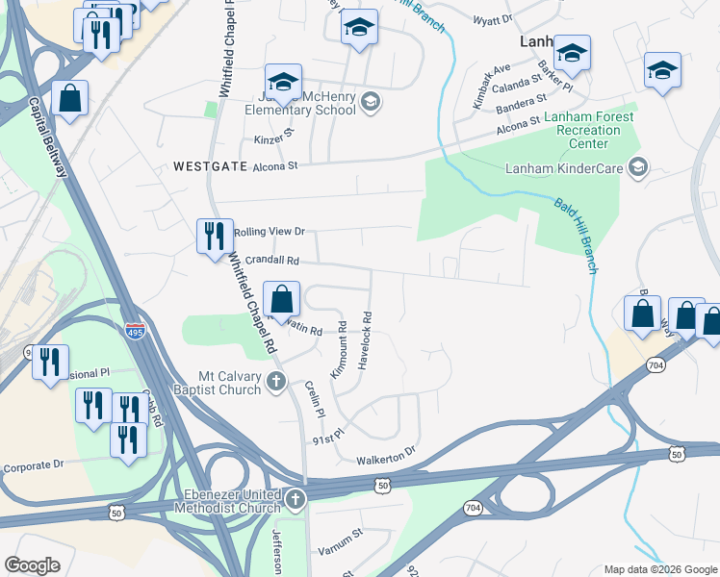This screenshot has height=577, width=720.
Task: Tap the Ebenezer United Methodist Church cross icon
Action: coord(296,499)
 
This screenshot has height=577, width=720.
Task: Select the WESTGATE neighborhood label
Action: coord(205,165)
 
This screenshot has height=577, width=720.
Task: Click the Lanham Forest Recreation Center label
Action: coord(576,130)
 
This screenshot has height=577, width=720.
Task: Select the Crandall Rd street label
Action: coord(273,260)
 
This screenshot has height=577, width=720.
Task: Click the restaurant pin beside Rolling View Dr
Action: coord(213,236)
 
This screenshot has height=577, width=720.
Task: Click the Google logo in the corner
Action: coord(33,564)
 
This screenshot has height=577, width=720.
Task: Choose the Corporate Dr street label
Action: coord(32,464)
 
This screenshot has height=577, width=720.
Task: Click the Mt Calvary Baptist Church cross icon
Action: coord(275,382)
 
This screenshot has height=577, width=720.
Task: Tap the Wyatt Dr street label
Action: coord(492,19)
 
